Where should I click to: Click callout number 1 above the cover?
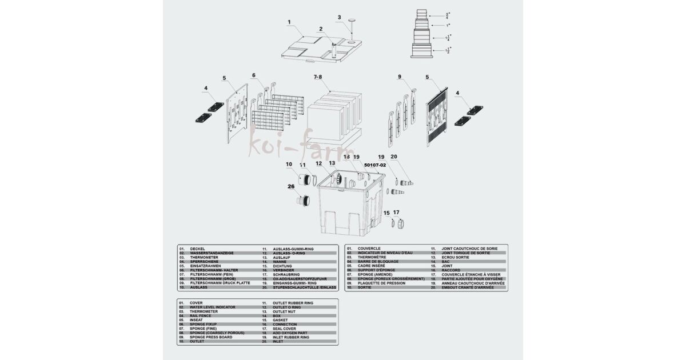point(289,22)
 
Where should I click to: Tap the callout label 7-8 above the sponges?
point(318,77)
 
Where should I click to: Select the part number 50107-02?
point(376,165)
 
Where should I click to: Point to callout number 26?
point(291,186)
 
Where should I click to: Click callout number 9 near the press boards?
point(400,77)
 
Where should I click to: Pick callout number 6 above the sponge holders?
point(254,75)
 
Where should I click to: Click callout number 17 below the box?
point(396,213)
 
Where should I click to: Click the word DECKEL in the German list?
point(197,249)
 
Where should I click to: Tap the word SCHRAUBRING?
point(287,274)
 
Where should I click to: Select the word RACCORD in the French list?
point(451,270)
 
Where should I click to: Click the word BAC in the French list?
point(446,261)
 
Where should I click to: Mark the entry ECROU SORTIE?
point(456,257)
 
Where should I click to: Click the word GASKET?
point(281,320)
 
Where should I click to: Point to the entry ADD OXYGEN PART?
point(293,333)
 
